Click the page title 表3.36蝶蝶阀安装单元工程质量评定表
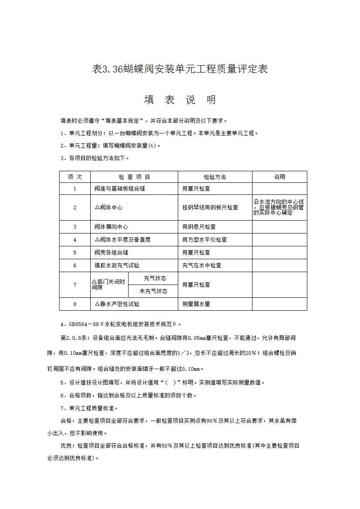tap(180, 69)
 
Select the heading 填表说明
tap(180, 100)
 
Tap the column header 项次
tap(75, 177)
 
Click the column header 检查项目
tap(134, 177)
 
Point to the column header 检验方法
tap(215, 177)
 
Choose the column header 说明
tap(280, 177)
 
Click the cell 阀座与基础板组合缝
tap(120, 188)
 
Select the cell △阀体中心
tap(108, 207)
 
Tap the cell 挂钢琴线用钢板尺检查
tap(210, 207)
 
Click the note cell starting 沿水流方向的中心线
tap(279, 207)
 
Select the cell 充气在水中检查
tap(202, 265)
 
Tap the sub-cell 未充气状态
tap(153, 291)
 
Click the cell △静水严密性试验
tap(117, 304)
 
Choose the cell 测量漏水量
tap(196, 304)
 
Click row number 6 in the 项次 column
tap(75, 265)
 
